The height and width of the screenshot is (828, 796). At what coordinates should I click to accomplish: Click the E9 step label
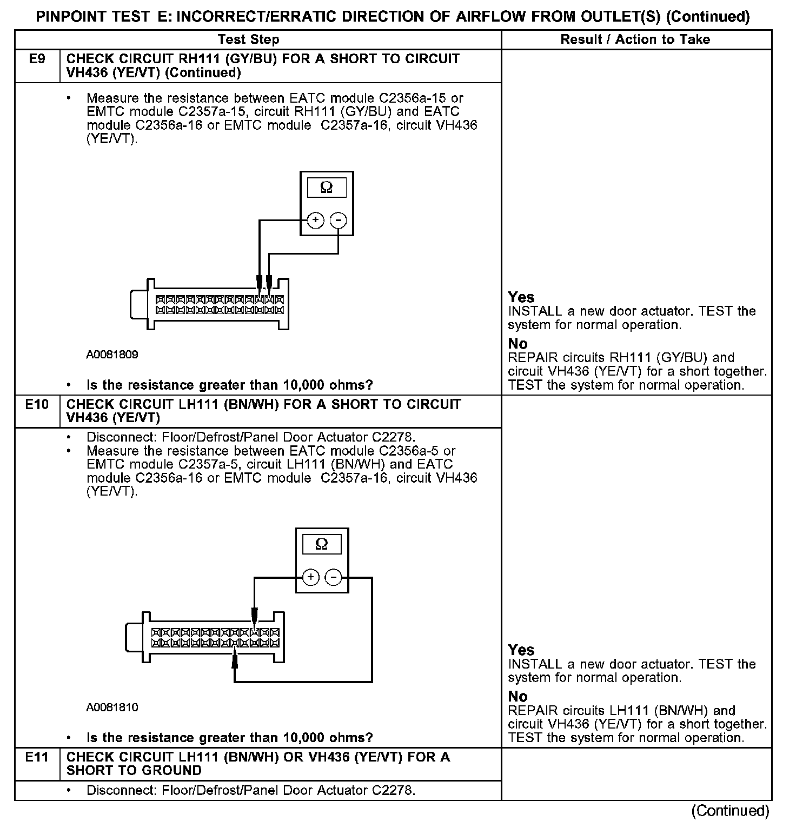[37, 59]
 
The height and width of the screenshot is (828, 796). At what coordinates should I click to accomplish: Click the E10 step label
[37, 404]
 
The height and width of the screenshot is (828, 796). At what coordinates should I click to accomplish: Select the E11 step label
[37, 757]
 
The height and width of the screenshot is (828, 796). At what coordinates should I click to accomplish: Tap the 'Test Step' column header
[248, 39]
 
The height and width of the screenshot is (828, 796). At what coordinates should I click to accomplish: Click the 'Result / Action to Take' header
[635, 39]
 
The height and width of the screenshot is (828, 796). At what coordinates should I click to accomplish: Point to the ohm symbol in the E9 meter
[327, 188]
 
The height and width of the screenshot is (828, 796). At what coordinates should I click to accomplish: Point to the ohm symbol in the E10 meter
[322, 544]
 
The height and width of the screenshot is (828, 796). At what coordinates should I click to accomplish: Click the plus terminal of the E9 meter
[316, 221]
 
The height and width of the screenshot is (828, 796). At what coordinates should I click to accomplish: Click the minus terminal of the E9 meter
[339, 221]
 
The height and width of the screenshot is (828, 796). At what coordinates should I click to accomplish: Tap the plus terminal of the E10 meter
[310, 577]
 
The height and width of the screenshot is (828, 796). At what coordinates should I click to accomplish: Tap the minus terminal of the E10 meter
[334, 577]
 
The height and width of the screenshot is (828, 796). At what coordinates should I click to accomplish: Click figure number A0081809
[112, 355]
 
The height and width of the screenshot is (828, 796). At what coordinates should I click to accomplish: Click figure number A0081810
[112, 707]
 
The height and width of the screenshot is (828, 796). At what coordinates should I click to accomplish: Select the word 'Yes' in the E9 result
[521, 297]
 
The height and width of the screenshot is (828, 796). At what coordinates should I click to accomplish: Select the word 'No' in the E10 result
[518, 696]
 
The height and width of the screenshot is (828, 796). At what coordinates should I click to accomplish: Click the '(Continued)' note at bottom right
[731, 811]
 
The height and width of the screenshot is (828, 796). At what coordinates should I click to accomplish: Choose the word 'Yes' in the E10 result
[521, 650]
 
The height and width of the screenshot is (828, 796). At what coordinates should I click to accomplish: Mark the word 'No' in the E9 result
[518, 344]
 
